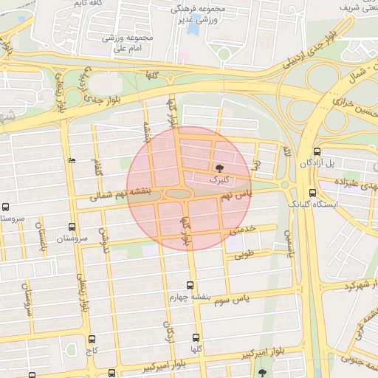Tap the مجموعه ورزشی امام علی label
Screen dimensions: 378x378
click(128, 43)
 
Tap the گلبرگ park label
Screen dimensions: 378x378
click(220, 179)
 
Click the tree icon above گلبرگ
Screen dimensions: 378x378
click(218, 168)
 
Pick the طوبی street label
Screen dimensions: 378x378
click(243, 255)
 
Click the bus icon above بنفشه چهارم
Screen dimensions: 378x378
click(190, 284)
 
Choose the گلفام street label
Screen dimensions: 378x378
click(97, 167)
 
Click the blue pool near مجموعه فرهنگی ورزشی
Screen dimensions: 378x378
click(193, 28)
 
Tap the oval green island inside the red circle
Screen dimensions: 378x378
click(178, 193)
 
